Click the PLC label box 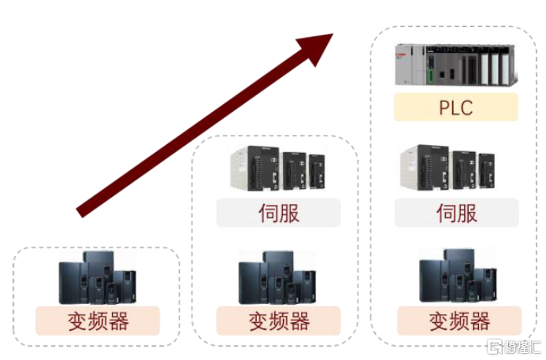tap(456, 107)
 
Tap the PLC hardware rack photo tap(456, 65)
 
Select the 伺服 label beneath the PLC tap(456, 213)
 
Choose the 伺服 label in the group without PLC tap(278, 213)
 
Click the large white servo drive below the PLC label tap(425, 167)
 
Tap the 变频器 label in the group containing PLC tap(459, 321)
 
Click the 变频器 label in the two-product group tap(278, 321)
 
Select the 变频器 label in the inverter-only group tap(97, 321)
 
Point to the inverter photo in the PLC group tap(458, 277)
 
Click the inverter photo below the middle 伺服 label tap(277, 277)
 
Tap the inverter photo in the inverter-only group tap(97, 277)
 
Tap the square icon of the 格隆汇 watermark tap(496, 347)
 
